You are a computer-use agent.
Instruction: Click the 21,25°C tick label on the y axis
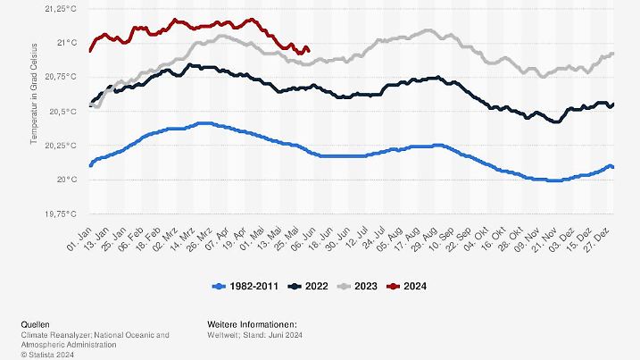coord(60,8)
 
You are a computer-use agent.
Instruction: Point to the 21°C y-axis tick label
coord(67,42)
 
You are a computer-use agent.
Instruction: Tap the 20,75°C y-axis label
coord(60,77)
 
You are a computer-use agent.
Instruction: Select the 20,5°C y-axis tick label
coord(62,111)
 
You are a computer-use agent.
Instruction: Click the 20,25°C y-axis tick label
coord(60,146)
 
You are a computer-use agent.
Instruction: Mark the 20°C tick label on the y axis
coord(67,180)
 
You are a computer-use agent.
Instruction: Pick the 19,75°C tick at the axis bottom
coord(60,214)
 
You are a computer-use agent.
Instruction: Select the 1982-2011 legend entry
coord(246,286)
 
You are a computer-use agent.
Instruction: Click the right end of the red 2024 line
coord(308,50)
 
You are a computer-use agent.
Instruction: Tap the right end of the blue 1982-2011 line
coord(612,166)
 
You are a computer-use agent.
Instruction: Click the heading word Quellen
coord(36,324)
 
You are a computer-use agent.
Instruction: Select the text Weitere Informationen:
coord(252,324)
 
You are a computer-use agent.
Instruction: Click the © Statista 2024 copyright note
coord(49,354)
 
